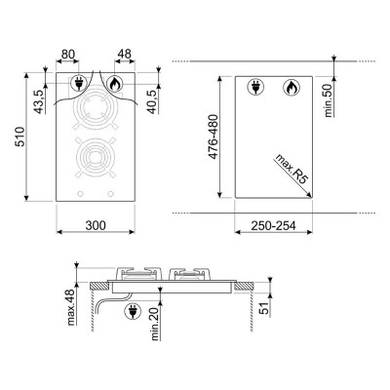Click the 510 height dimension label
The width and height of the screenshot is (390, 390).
[x=20, y=136]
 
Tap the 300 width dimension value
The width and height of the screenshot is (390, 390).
[x=96, y=225]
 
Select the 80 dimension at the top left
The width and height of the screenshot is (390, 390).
[x=68, y=54]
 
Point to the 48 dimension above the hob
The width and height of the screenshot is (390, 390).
[x=124, y=54]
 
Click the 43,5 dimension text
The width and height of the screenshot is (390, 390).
[x=39, y=101]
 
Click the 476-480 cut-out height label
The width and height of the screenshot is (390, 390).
[x=213, y=136]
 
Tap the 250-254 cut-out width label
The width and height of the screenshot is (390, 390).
[x=273, y=225]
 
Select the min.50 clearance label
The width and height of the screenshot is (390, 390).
[x=329, y=100]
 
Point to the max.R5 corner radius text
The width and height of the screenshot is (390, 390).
[x=292, y=170]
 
